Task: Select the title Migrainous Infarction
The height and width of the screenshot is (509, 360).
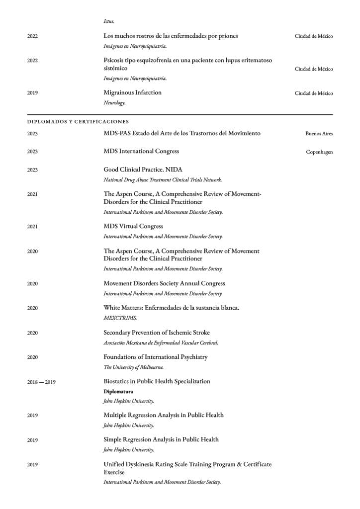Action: point(132,92)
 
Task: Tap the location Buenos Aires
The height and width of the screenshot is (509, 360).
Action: point(319,134)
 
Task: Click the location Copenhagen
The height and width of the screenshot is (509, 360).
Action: point(319,152)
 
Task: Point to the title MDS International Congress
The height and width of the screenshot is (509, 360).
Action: point(141,151)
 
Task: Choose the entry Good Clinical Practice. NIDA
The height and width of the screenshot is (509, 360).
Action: point(143,170)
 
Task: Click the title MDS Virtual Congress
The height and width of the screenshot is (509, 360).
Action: point(133,226)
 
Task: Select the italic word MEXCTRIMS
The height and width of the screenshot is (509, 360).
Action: point(120,318)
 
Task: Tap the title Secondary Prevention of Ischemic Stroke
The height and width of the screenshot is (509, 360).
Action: point(157,333)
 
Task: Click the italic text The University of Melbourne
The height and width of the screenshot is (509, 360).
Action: point(133,367)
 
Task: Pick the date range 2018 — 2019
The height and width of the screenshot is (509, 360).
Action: point(41,382)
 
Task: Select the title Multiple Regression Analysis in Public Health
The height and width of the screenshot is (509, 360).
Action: point(164,415)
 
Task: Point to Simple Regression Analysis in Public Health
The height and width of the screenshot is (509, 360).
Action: point(161,439)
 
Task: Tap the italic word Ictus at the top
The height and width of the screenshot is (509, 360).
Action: point(109,21)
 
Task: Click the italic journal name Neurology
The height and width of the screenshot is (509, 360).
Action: point(114,103)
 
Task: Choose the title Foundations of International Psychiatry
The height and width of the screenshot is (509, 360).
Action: point(156,357)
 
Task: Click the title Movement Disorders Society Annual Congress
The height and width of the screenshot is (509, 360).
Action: point(164,283)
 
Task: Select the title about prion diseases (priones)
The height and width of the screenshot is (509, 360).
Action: point(171,36)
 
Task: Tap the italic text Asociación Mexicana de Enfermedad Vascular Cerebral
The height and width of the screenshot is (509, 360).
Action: point(161,342)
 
